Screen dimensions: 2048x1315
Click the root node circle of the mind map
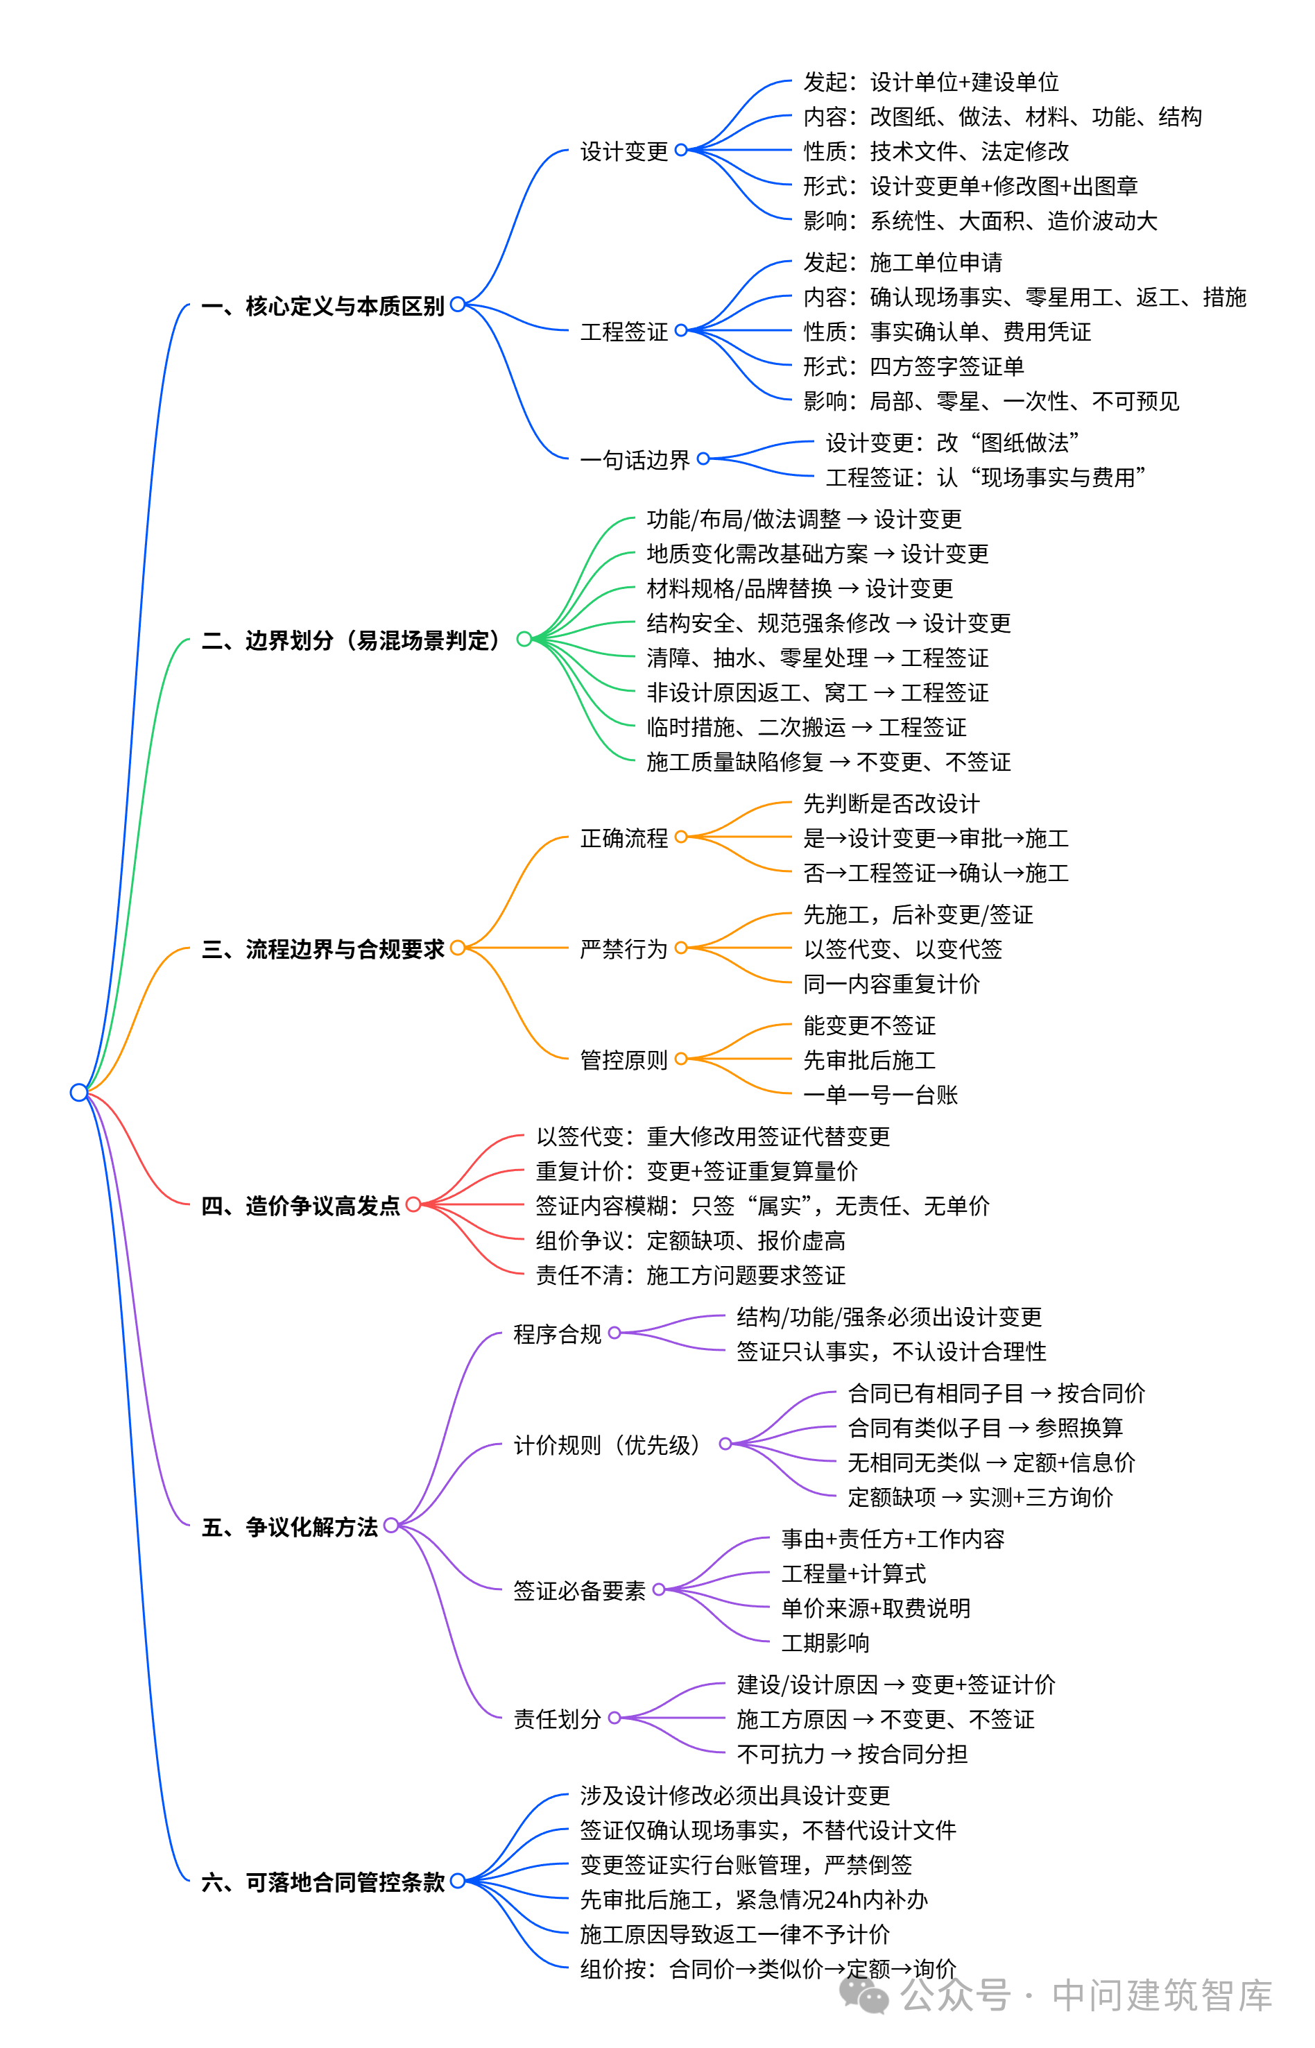pyautogui.click(x=78, y=1092)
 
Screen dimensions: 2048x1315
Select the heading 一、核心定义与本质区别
pyautogui.click(x=323, y=306)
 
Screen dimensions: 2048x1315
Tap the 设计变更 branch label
pyautogui.click(x=624, y=151)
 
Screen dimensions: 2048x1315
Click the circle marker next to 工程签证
pyautogui.click(x=680, y=330)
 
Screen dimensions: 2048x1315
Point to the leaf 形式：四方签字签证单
pyautogui.click(x=913, y=366)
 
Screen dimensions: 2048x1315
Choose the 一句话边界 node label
pyautogui.click(x=635, y=461)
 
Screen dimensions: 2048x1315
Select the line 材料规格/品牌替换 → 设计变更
pyautogui.click(x=799, y=588)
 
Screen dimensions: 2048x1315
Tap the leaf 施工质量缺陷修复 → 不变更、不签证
pyautogui.click(x=828, y=762)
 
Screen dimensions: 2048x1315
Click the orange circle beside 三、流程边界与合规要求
pyautogui.click(x=458, y=948)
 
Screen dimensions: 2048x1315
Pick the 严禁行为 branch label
pyautogui.click(x=624, y=949)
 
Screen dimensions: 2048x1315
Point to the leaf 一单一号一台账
pyautogui.click(x=880, y=1095)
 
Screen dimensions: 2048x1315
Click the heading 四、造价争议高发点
pyautogui.click(x=300, y=1206)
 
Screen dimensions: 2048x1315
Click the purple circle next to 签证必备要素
pyautogui.click(x=658, y=1589)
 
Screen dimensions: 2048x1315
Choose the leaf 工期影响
pyautogui.click(x=825, y=1642)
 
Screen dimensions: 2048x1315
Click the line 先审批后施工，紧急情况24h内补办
pyautogui.click(x=753, y=1900)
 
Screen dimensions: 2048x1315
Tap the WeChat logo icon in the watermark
pyautogui.click(x=864, y=1995)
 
